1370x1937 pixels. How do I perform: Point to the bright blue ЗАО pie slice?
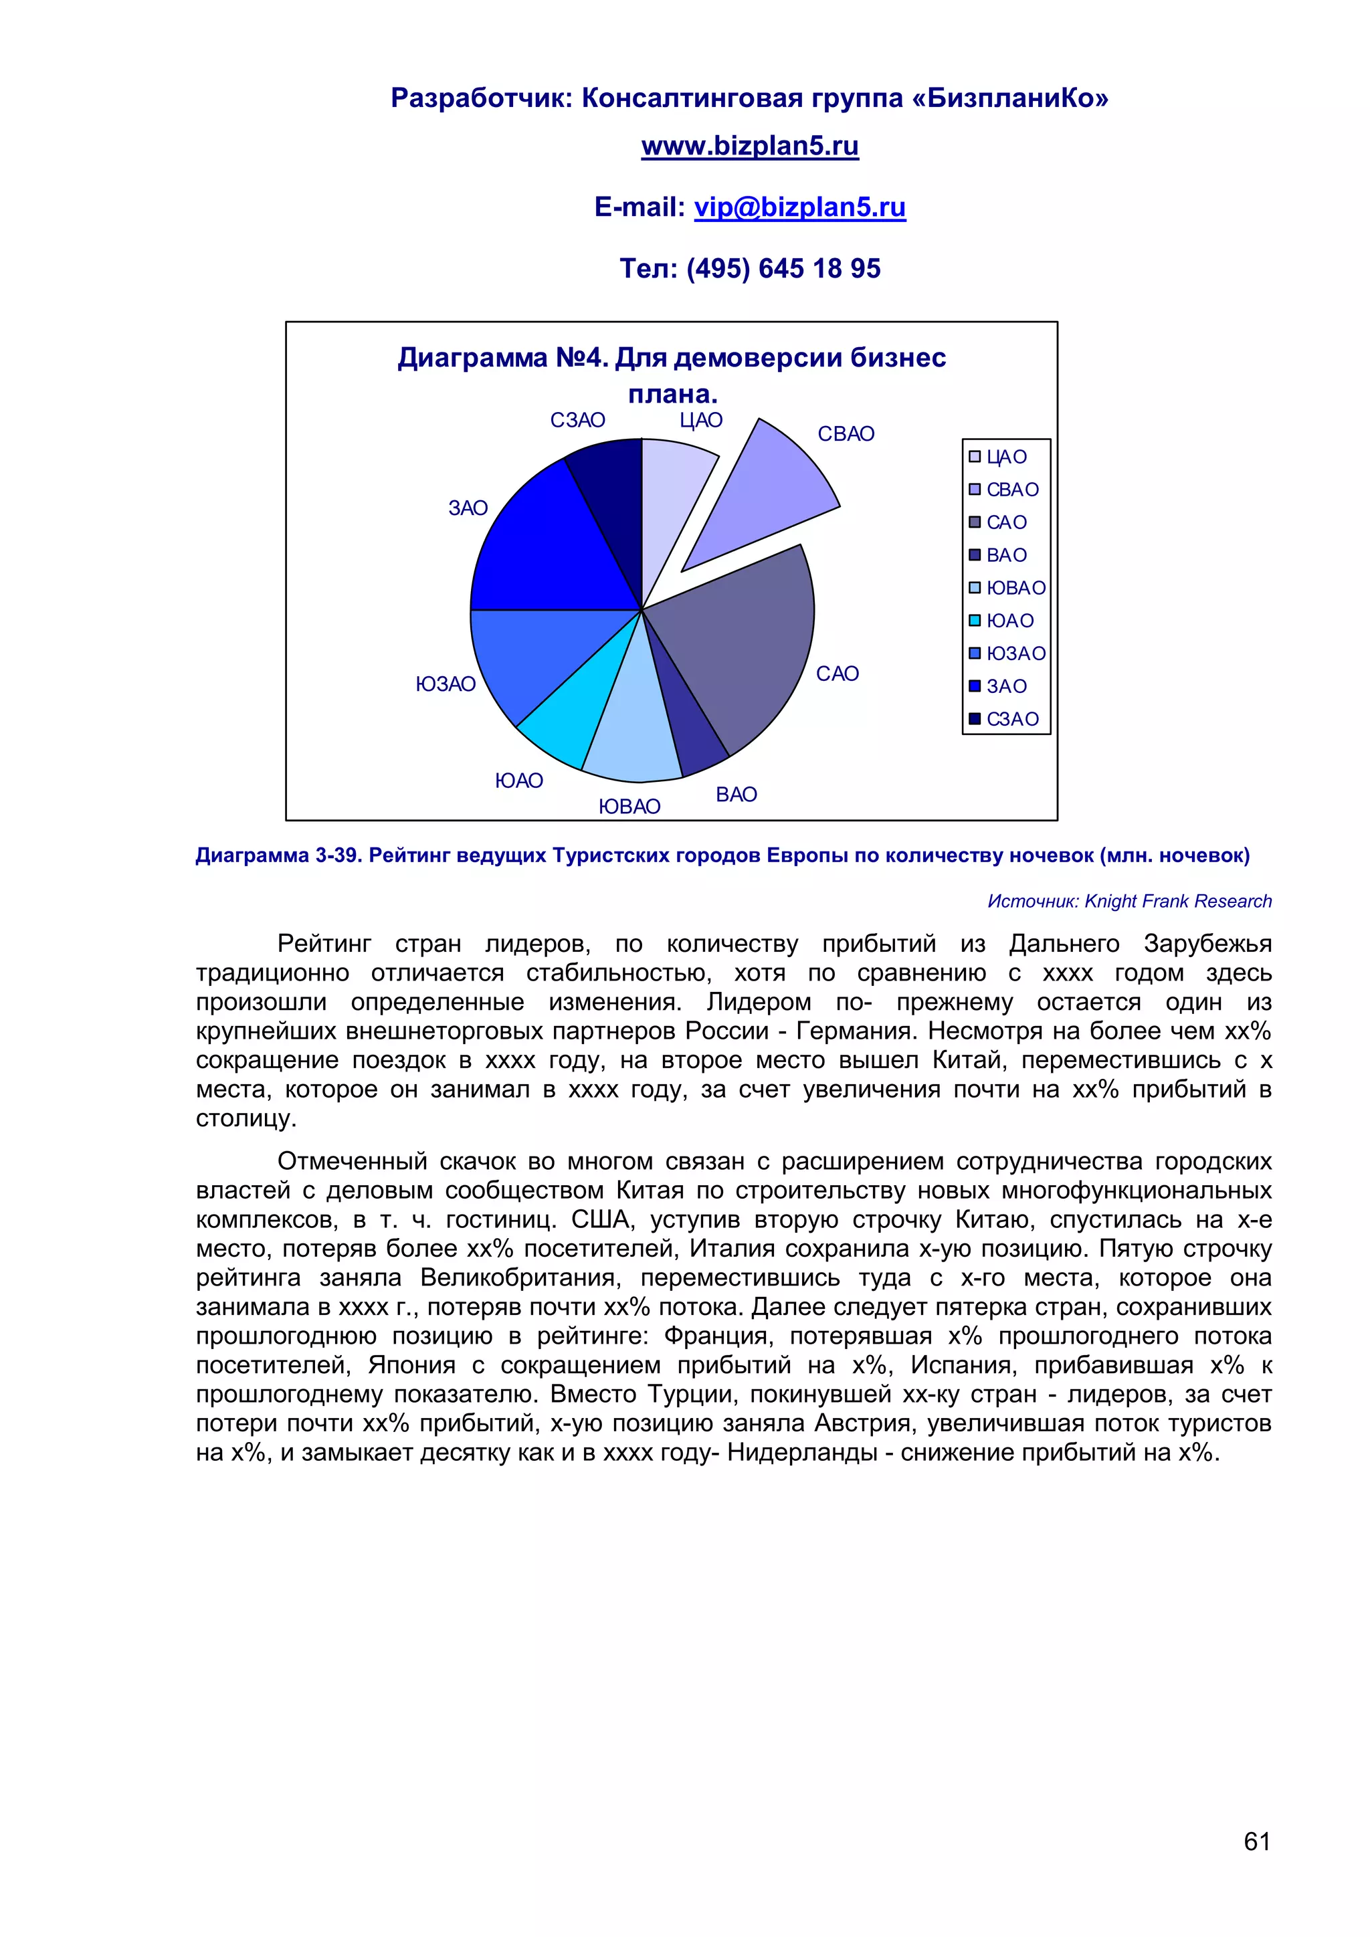(x=549, y=548)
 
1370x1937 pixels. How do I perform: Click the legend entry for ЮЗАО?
(x=1007, y=654)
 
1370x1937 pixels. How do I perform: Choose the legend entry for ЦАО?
(x=999, y=457)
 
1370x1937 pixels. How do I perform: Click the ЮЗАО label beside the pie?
(x=446, y=684)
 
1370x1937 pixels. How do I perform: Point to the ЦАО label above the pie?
(x=701, y=420)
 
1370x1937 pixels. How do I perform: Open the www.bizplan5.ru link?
(x=749, y=146)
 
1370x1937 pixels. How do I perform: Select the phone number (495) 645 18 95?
(x=783, y=269)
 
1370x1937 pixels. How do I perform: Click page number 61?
(x=1256, y=1841)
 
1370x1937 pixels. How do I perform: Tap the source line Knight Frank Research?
(x=1129, y=901)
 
